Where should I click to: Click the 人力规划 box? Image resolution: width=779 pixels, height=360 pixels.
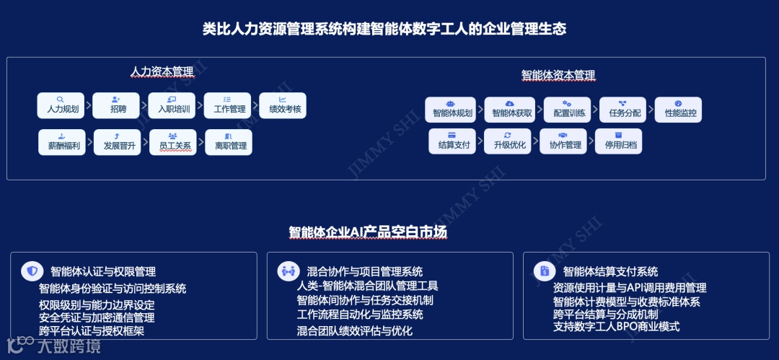tap(62, 105)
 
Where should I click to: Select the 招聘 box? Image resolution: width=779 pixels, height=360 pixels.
tap(118, 105)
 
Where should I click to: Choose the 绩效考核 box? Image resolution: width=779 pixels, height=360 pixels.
tap(283, 105)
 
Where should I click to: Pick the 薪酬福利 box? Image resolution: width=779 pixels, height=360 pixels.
tap(62, 141)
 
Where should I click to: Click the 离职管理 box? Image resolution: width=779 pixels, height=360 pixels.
tap(230, 141)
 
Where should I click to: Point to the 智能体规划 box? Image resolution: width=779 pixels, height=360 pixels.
tap(451, 109)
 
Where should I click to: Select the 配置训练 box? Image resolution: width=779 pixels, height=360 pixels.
tap(568, 109)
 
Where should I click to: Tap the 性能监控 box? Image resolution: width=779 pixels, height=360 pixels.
tap(679, 109)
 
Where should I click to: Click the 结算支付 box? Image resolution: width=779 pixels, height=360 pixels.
tap(453, 141)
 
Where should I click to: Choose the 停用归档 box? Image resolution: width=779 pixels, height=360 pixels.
tap(619, 141)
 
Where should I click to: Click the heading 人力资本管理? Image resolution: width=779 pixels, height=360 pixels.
tap(162, 72)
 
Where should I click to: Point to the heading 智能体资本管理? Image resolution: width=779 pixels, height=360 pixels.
tap(558, 74)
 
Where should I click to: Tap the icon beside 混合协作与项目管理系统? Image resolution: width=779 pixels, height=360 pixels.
tap(289, 271)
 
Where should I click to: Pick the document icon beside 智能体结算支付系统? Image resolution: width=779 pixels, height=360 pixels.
tap(545, 271)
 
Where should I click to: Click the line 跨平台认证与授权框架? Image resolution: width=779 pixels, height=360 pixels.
tap(92, 331)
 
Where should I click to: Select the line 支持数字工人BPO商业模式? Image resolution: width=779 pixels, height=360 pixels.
tap(617, 326)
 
